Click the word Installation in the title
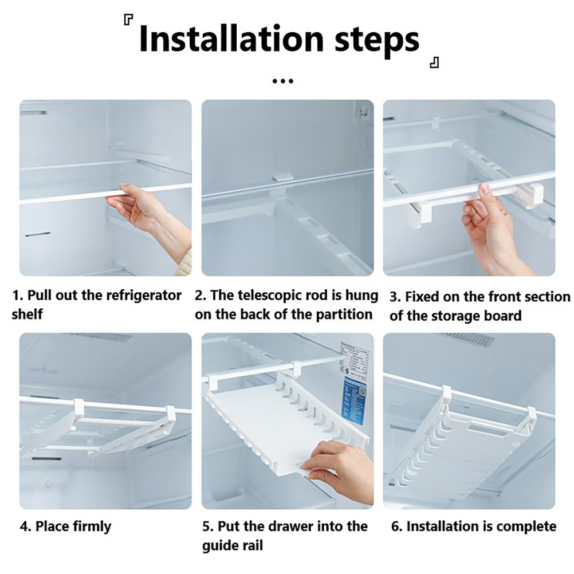[x=231, y=39]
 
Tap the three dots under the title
[x=283, y=81]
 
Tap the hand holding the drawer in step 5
[x=337, y=472]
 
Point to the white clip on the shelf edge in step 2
[x=283, y=175]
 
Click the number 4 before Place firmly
[x=24, y=527]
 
